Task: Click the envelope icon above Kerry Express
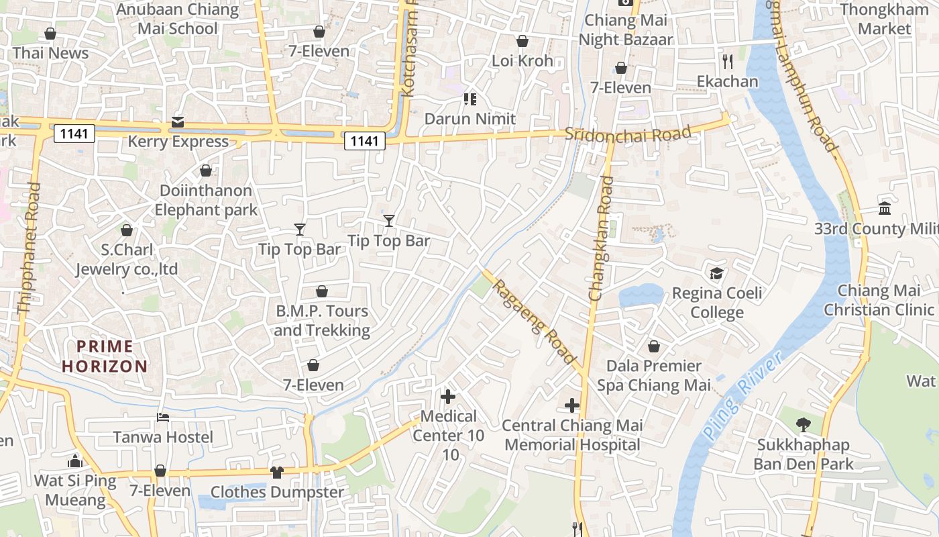click(x=178, y=121)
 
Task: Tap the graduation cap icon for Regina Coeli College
click(x=717, y=273)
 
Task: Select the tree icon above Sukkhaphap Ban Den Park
click(x=803, y=424)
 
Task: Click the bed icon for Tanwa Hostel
click(x=163, y=417)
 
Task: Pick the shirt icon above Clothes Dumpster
click(x=277, y=472)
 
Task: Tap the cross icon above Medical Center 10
click(x=448, y=396)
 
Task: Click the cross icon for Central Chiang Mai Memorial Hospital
click(x=572, y=405)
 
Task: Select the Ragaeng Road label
click(x=535, y=320)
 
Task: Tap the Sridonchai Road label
click(x=628, y=134)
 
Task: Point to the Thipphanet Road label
click(x=29, y=248)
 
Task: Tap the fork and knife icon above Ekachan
click(x=728, y=62)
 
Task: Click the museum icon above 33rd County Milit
click(x=885, y=208)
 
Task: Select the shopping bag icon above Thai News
click(x=50, y=33)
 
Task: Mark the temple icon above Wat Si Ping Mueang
click(x=75, y=461)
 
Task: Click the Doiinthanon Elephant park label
click(x=206, y=200)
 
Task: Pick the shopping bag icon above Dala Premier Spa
click(x=654, y=346)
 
